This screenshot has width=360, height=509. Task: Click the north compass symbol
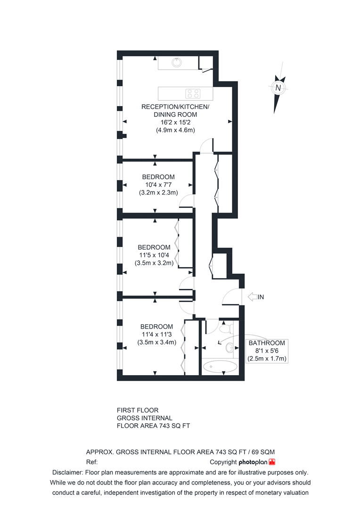(278, 88)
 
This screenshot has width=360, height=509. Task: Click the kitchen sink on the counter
(177, 62)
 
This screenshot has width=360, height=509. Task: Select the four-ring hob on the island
(192, 93)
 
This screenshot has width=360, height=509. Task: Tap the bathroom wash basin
(229, 348)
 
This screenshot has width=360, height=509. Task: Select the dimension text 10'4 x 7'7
(158, 185)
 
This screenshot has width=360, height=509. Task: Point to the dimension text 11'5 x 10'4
(154, 255)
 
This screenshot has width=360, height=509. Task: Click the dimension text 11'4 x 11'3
(156, 335)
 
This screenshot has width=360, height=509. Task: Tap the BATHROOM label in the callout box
(267, 343)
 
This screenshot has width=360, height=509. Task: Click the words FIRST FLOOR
(138, 410)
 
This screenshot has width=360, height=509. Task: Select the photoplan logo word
(253, 462)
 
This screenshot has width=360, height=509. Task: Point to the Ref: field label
(92, 462)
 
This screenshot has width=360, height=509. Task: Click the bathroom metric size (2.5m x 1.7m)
(267, 359)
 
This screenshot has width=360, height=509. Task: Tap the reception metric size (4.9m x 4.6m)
(175, 130)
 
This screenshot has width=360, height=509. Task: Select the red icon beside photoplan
(272, 462)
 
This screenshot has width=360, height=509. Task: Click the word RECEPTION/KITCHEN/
(175, 107)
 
